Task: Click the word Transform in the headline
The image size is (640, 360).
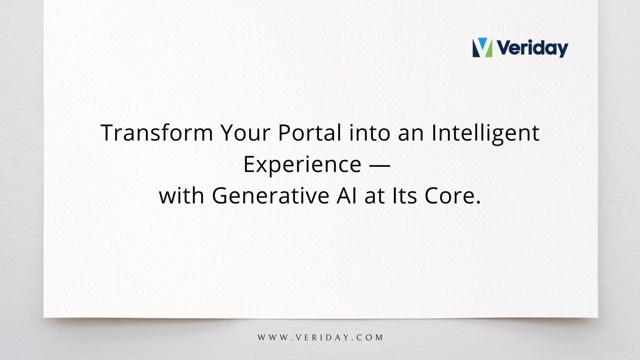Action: click(x=157, y=133)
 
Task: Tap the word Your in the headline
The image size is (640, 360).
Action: click(x=246, y=133)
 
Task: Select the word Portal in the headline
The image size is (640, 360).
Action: click(x=309, y=133)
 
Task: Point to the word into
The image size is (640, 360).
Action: click(x=370, y=133)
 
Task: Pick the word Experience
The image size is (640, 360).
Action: click(x=302, y=164)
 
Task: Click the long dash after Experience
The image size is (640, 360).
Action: click(x=380, y=165)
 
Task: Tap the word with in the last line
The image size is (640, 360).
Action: click(x=182, y=196)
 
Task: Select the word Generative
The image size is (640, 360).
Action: click(x=271, y=196)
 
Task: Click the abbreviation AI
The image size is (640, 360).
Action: click(x=347, y=196)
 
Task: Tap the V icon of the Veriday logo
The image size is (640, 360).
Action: click(x=482, y=48)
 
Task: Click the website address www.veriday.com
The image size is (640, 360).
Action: click(x=320, y=337)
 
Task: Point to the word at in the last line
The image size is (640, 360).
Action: click(x=374, y=196)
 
